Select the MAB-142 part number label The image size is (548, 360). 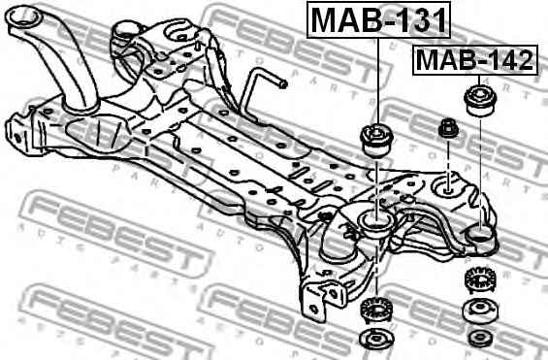pos(474,61)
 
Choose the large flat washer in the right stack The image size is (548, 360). pos(478,312)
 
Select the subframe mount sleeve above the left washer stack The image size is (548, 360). pos(373,226)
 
